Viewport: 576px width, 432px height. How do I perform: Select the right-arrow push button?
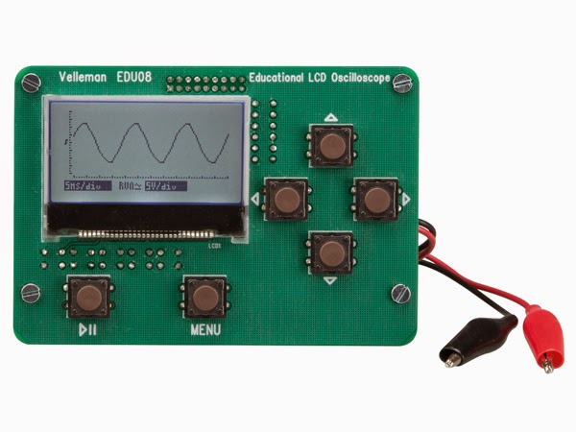374,199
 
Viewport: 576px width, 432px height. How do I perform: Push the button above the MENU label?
204,297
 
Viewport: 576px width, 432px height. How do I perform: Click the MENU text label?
205,330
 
